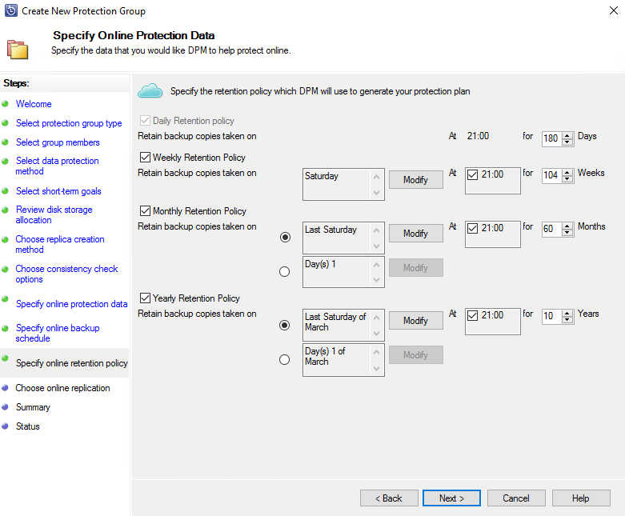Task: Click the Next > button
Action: click(x=451, y=498)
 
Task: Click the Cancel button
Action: click(x=516, y=498)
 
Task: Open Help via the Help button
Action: click(x=581, y=498)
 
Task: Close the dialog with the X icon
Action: click(x=614, y=10)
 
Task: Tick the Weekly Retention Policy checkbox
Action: click(x=145, y=157)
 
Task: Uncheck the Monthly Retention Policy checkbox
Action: click(x=145, y=210)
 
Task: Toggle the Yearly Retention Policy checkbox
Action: click(x=145, y=298)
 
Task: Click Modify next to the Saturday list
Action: click(x=416, y=180)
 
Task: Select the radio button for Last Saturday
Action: click(x=285, y=237)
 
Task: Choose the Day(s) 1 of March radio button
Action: click(x=285, y=359)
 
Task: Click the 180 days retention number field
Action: click(x=551, y=138)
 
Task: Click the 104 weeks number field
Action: click(x=551, y=175)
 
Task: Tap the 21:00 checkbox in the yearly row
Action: click(x=472, y=315)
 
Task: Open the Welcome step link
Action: click(x=34, y=104)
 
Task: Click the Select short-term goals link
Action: click(x=58, y=191)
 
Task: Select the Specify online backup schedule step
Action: click(x=58, y=333)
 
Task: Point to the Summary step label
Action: click(x=33, y=407)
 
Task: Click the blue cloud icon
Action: click(x=150, y=91)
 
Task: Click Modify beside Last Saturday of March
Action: click(x=416, y=320)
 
